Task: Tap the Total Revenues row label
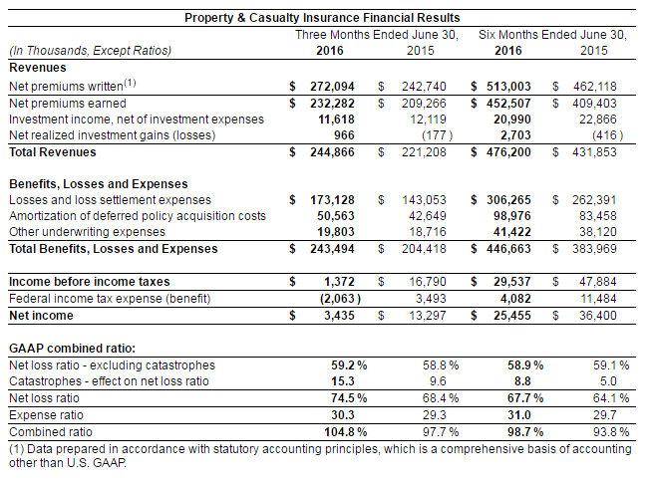coord(52,152)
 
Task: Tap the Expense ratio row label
coord(45,415)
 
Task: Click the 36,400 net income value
coord(596,315)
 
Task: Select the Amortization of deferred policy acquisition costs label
coord(137,216)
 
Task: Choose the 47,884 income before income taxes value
coord(596,283)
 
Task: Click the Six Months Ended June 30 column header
coord(552,34)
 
